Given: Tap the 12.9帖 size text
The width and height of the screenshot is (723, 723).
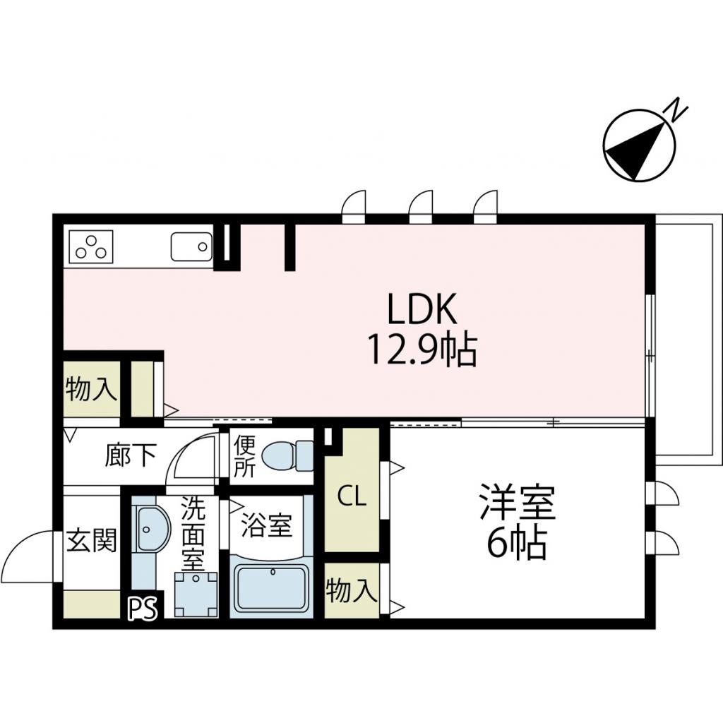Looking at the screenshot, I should coord(422,349).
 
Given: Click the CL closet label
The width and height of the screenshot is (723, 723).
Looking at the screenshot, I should coord(351,497).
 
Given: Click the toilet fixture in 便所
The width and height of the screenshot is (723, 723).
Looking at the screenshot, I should coord(286,455).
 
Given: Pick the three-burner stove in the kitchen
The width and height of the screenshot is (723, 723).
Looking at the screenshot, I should coord(90,246).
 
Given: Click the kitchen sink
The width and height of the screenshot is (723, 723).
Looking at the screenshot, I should coord(191,247).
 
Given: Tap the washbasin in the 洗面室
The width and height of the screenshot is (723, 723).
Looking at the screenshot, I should coord(150,530).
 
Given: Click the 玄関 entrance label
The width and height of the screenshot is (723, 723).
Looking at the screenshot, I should coord(92,542).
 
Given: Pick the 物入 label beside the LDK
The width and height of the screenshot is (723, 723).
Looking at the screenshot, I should coord(91,388).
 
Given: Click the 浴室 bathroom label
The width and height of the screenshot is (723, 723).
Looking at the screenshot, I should coord(267,525).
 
